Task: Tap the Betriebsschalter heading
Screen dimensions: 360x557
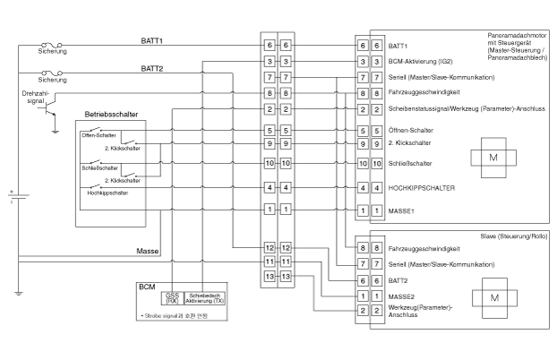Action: click(111, 115)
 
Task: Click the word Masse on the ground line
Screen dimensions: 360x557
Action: click(147, 251)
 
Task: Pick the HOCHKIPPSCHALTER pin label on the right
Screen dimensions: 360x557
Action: click(423, 188)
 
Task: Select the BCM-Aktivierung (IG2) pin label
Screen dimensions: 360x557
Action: click(418, 61)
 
